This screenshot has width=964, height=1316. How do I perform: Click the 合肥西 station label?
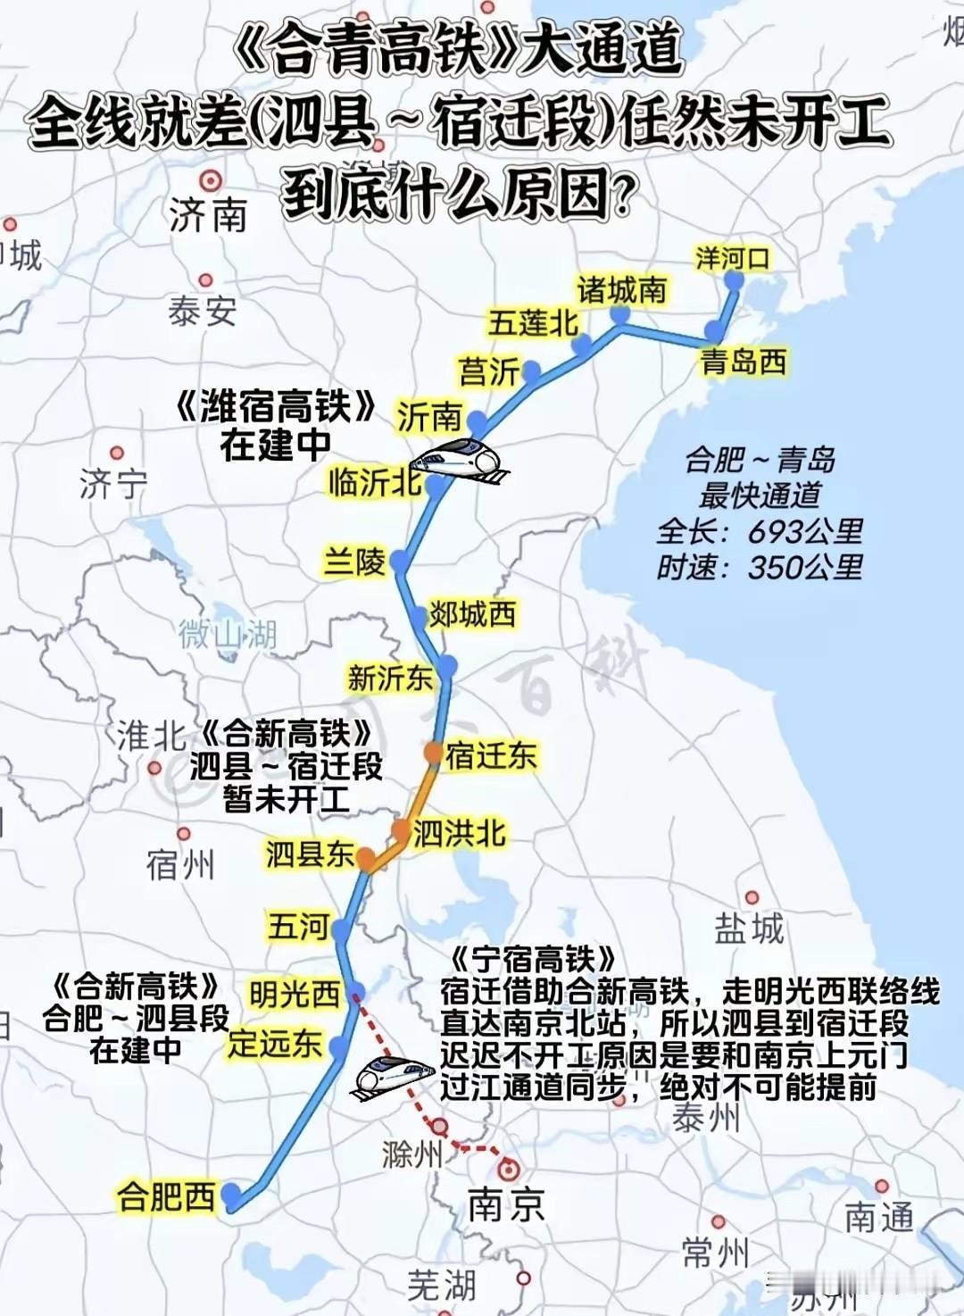166,1195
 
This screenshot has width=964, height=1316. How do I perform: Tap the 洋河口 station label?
732,259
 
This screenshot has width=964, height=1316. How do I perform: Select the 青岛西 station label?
744,362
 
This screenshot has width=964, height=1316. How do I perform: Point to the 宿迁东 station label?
491,755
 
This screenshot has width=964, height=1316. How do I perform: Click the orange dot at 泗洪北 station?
401,829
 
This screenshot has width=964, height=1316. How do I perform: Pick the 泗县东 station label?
310,854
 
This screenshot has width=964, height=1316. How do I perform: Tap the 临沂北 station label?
375,482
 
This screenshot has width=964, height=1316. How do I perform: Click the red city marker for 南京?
509,1169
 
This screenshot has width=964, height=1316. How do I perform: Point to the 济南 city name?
208,215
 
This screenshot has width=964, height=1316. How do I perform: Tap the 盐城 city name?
749,929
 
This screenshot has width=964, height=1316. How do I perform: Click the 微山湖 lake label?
228,635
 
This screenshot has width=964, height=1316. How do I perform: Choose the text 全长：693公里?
760,531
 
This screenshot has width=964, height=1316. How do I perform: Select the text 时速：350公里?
760,567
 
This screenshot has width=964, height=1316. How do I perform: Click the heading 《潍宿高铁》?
276,407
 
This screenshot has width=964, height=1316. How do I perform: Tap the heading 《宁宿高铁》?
533,959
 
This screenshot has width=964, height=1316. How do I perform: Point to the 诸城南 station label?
621,290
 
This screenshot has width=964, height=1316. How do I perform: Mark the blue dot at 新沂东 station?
447,665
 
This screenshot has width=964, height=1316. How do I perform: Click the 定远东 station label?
274,1042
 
